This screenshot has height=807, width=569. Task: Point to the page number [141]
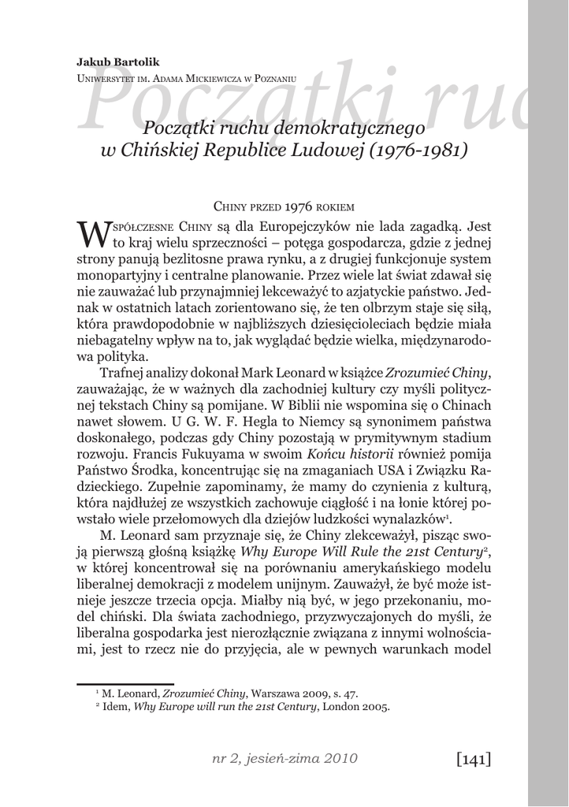click(x=473, y=759)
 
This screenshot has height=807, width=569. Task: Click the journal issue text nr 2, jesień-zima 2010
click(x=284, y=759)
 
